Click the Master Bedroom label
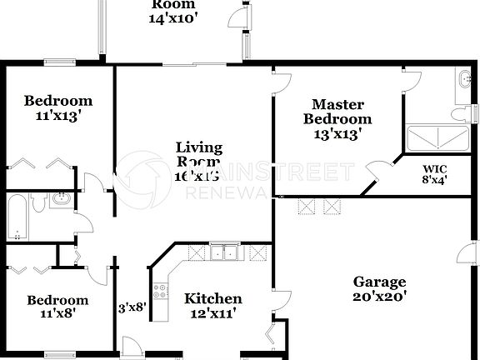coord(338,112)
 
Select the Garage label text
coord(379,282)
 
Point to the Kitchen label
coord(213,299)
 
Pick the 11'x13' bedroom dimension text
coord(57,117)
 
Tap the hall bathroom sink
coord(60,199)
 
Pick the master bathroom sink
coord(464,81)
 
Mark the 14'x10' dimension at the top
coord(173,18)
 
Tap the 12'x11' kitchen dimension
coord(213,314)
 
